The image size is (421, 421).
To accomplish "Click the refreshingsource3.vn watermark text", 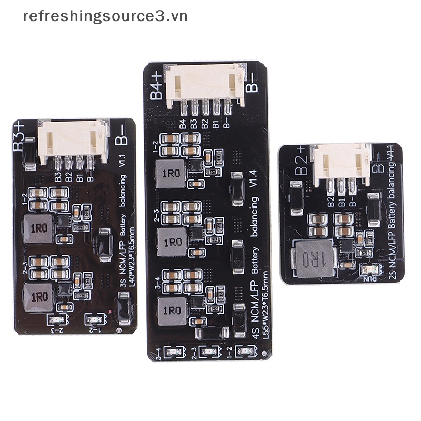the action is pos(105,16).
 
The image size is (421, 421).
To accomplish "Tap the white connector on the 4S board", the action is pos(206,84).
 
